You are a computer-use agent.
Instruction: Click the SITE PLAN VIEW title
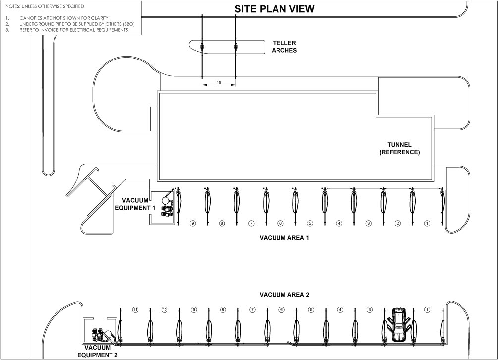tap(275, 9)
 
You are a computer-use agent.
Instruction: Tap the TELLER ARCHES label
tap(284, 47)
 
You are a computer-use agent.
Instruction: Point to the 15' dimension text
tap(219, 83)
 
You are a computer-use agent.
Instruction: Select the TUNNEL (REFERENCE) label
tap(399, 148)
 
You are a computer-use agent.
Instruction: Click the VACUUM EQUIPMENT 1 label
tap(135, 204)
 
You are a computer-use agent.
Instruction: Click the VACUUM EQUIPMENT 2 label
tap(98, 351)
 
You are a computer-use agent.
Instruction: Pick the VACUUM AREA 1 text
tap(284, 238)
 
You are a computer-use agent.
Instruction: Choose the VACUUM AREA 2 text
tap(284, 295)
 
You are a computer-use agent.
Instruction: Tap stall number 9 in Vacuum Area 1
tap(192, 223)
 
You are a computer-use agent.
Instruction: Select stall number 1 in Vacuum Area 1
tap(427, 223)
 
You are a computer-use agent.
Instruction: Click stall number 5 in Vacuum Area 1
tap(310, 223)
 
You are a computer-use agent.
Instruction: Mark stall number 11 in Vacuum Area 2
tap(135, 310)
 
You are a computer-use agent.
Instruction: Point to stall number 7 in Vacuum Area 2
tap(253, 310)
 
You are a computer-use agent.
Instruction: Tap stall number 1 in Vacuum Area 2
tap(427, 310)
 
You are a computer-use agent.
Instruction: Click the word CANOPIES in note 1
tap(31, 18)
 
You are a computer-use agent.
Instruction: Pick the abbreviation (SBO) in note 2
tap(129, 24)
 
